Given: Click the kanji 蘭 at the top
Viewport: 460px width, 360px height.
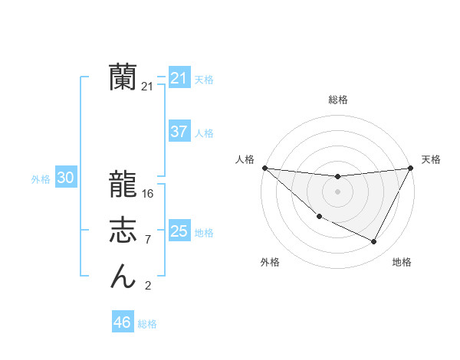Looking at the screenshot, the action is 123,77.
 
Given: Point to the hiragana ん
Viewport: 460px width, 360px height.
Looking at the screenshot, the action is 123,276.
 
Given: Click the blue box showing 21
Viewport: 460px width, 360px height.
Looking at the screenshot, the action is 179,78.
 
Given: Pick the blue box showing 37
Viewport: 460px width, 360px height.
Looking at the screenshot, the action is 179,132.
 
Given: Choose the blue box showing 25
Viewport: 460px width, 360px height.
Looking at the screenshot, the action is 179,231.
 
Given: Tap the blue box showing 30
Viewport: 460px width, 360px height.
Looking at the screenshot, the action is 65,178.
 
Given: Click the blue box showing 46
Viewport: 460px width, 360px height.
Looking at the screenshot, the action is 122,322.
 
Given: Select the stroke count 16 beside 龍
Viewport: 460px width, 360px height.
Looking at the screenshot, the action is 148,194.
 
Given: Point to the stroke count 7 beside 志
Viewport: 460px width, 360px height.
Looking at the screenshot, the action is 148,240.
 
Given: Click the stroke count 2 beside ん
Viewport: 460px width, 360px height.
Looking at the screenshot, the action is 148,286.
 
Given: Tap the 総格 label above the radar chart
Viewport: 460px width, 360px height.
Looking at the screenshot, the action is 338,100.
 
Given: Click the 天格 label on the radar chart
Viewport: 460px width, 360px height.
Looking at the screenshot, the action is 432,159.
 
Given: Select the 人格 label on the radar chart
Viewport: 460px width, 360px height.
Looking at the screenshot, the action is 245,159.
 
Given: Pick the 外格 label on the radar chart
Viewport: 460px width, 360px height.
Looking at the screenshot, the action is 270,262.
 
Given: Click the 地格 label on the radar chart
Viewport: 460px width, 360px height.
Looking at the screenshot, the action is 402,262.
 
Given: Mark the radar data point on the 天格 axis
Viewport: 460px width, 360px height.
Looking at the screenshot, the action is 411,168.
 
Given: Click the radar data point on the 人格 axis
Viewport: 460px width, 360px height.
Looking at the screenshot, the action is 264,168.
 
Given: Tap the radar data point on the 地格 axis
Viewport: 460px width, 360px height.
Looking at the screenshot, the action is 374,242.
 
